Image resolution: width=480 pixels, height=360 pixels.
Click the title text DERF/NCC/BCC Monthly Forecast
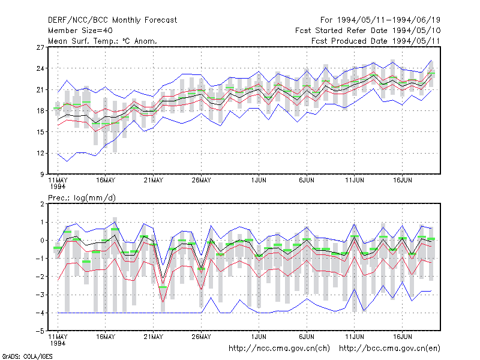click(112, 20)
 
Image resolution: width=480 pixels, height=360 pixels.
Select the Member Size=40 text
click(80, 31)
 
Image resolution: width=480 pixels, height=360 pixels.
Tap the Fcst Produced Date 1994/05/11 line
click(376, 41)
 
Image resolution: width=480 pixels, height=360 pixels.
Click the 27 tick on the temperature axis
click(40, 47)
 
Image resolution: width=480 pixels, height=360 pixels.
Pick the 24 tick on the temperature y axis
click(40, 68)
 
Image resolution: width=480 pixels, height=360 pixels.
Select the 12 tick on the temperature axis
click(40, 154)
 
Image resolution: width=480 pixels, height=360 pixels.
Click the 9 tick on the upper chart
click(42, 175)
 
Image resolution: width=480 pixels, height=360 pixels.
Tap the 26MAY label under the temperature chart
click(201, 181)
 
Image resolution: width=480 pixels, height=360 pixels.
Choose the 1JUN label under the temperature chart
click(259, 181)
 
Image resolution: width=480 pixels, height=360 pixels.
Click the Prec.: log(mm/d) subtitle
click(82, 198)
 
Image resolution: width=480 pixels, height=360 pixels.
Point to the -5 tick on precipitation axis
click(40, 331)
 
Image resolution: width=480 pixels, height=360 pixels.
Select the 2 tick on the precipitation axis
click(42, 204)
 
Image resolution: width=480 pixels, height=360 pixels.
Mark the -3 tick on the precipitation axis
click(40, 295)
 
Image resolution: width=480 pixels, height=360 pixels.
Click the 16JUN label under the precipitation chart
click(402, 337)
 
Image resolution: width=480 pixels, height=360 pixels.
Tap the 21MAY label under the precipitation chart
click(154, 337)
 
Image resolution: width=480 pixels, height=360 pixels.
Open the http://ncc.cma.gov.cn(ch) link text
click(279, 349)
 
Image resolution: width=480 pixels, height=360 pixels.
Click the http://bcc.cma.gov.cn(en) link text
click(389, 349)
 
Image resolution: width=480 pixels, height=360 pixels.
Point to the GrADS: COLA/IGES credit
click(27, 356)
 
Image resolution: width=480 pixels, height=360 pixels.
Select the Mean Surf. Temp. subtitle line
click(103, 41)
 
